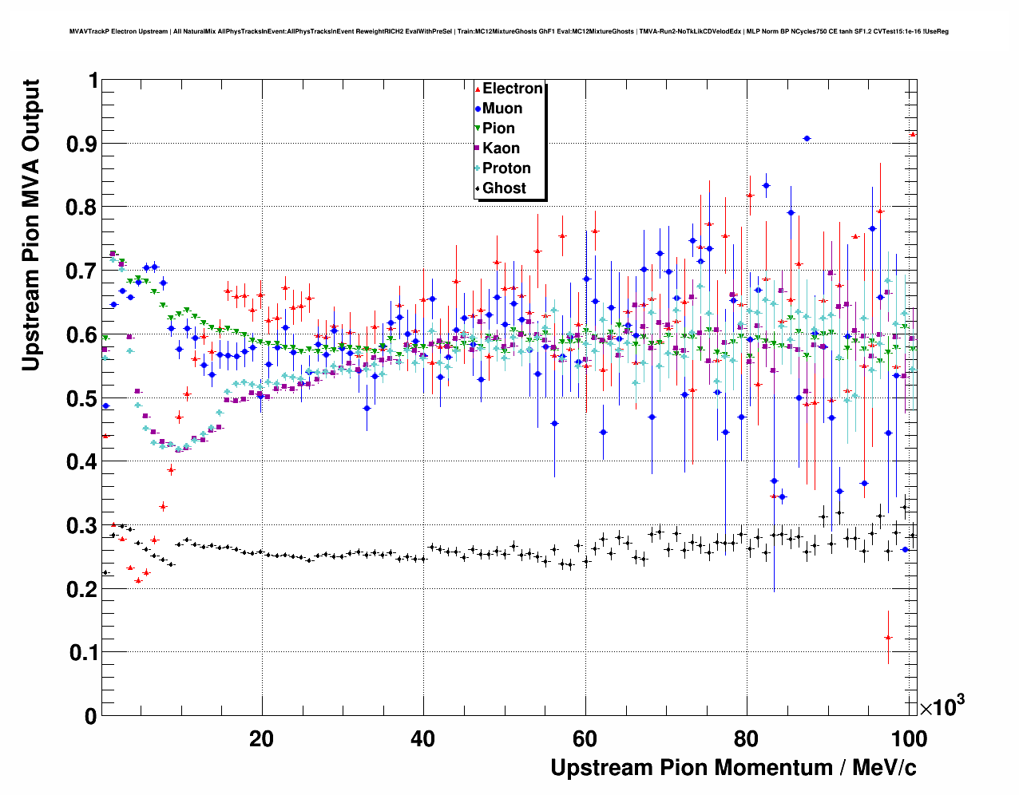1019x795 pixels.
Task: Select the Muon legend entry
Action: coord(502,109)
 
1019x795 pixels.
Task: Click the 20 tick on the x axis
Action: coord(262,738)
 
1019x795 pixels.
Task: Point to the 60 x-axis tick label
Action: coord(585,738)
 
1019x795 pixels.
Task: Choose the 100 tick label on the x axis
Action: coord(908,738)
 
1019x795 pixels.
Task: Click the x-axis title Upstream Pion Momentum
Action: coord(733,768)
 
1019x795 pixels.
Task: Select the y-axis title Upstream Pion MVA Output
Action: coord(31,225)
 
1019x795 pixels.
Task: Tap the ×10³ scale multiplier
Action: coord(942,706)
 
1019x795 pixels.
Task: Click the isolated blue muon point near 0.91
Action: coord(807,138)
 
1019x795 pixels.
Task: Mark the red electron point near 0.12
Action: coord(888,637)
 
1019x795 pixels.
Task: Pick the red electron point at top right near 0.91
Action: coord(913,134)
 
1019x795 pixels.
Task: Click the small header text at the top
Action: coord(509,32)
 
